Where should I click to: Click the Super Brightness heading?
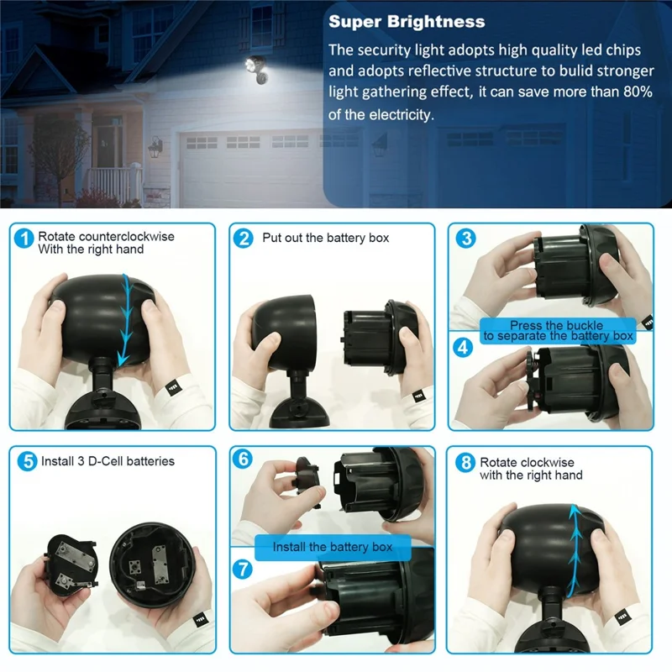(x=407, y=22)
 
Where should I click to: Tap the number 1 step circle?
(x=25, y=239)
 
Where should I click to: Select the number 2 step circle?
(x=244, y=239)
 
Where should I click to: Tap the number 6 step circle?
(x=244, y=459)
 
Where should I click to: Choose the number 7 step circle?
(x=244, y=569)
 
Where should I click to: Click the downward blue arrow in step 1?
(x=126, y=315)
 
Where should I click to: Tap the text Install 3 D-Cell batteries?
(x=107, y=461)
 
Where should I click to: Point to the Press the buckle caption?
(x=556, y=325)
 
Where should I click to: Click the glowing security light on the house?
(x=253, y=65)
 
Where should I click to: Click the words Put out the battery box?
(x=325, y=239)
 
